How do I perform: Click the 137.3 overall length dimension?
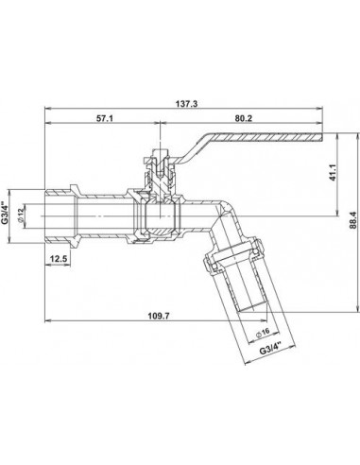click(x=187, y=104)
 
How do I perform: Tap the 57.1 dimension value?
click(x=105, y=118)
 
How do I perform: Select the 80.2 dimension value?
click(x=244, y=118)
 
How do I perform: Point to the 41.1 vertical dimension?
click(x=334, y=173)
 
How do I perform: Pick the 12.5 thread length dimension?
click(x=59, y=259)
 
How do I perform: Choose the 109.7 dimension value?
click(x=159, y=316)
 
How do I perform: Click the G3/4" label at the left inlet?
click(x=5, y=213)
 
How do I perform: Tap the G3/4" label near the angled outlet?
click(x=270, y=349)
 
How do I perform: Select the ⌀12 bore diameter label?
click(x=21, y=215)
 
